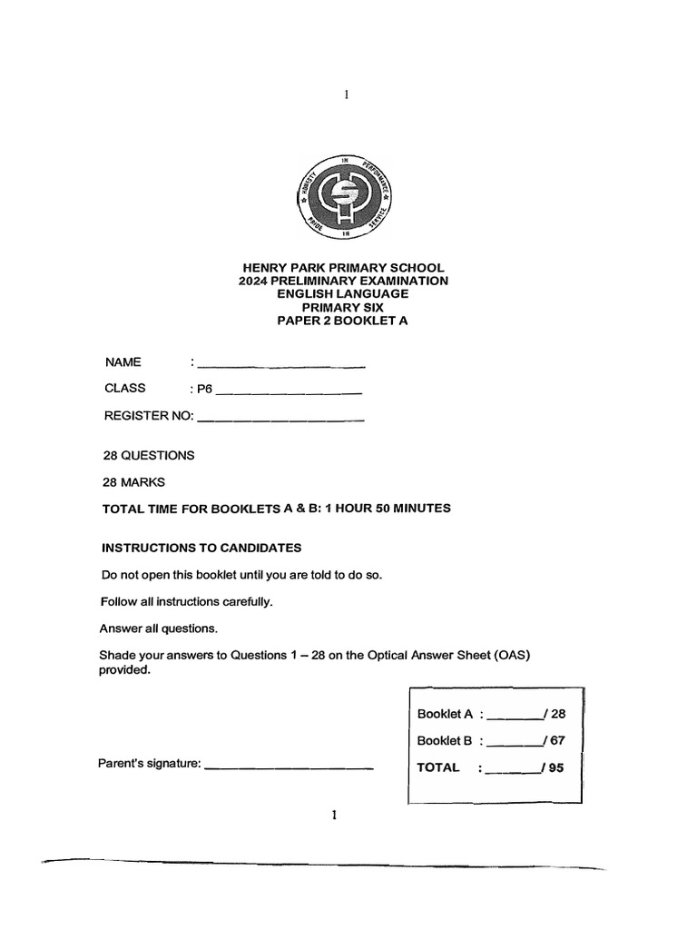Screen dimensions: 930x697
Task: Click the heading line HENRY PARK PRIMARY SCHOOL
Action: pyautogui.click(x=342, y=268)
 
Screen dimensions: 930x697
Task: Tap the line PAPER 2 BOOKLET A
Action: pyautogui.click(x=342, y=320)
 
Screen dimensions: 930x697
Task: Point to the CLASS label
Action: pyautogui.click(x=125, y=389)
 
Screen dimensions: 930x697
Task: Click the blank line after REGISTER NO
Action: pyautogui.click(x=280, y=420)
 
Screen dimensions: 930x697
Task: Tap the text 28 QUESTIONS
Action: pyautogui.click(x=150, y=455)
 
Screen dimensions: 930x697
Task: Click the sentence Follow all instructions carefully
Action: pyautogui.click(x=186, y=601)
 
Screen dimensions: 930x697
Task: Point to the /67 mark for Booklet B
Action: pyautogui.click(x=554, y=740)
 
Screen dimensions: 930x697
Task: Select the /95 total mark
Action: pyautogui.click(x=553, y=767)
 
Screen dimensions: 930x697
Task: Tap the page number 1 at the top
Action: pyautogui.click(x=346, y=94)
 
